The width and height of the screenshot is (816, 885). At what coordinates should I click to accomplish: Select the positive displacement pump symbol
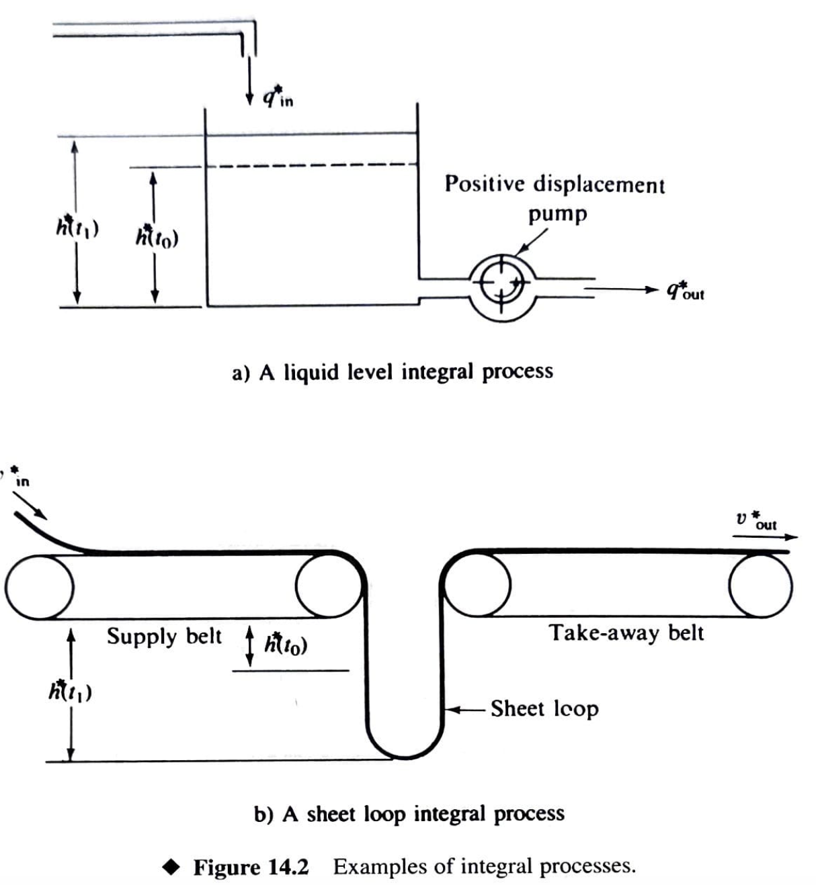coord(502,287)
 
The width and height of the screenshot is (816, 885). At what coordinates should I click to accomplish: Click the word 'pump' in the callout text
coord(557,215)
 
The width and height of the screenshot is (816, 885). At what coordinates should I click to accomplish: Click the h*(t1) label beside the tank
coord(77,228)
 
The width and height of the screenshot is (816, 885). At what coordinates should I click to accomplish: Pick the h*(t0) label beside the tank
coord(157,237)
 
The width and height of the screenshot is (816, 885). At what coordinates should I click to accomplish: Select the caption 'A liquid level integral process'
coord(393,371)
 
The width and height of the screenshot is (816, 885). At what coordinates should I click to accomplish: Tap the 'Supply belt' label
coord(164,636)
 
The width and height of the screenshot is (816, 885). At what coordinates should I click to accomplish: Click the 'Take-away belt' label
coord(626,633)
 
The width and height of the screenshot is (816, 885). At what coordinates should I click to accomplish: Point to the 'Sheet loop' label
coord(544,708)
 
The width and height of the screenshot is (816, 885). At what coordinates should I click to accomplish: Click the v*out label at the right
coord(756,522)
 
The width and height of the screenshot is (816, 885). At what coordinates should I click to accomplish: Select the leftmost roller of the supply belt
coord(39,586)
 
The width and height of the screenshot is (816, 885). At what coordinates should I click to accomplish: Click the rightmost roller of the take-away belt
coord(760,586)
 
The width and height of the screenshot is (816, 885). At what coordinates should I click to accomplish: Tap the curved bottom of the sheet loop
coord(405,752)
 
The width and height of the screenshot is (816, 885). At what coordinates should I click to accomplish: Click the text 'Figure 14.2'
coord(251,867)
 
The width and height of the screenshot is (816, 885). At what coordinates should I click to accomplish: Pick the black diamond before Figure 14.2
coord(173,867)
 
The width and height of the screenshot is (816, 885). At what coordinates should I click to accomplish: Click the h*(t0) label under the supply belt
coord(286,644)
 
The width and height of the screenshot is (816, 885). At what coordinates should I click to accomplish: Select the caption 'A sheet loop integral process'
coord(409,814)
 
